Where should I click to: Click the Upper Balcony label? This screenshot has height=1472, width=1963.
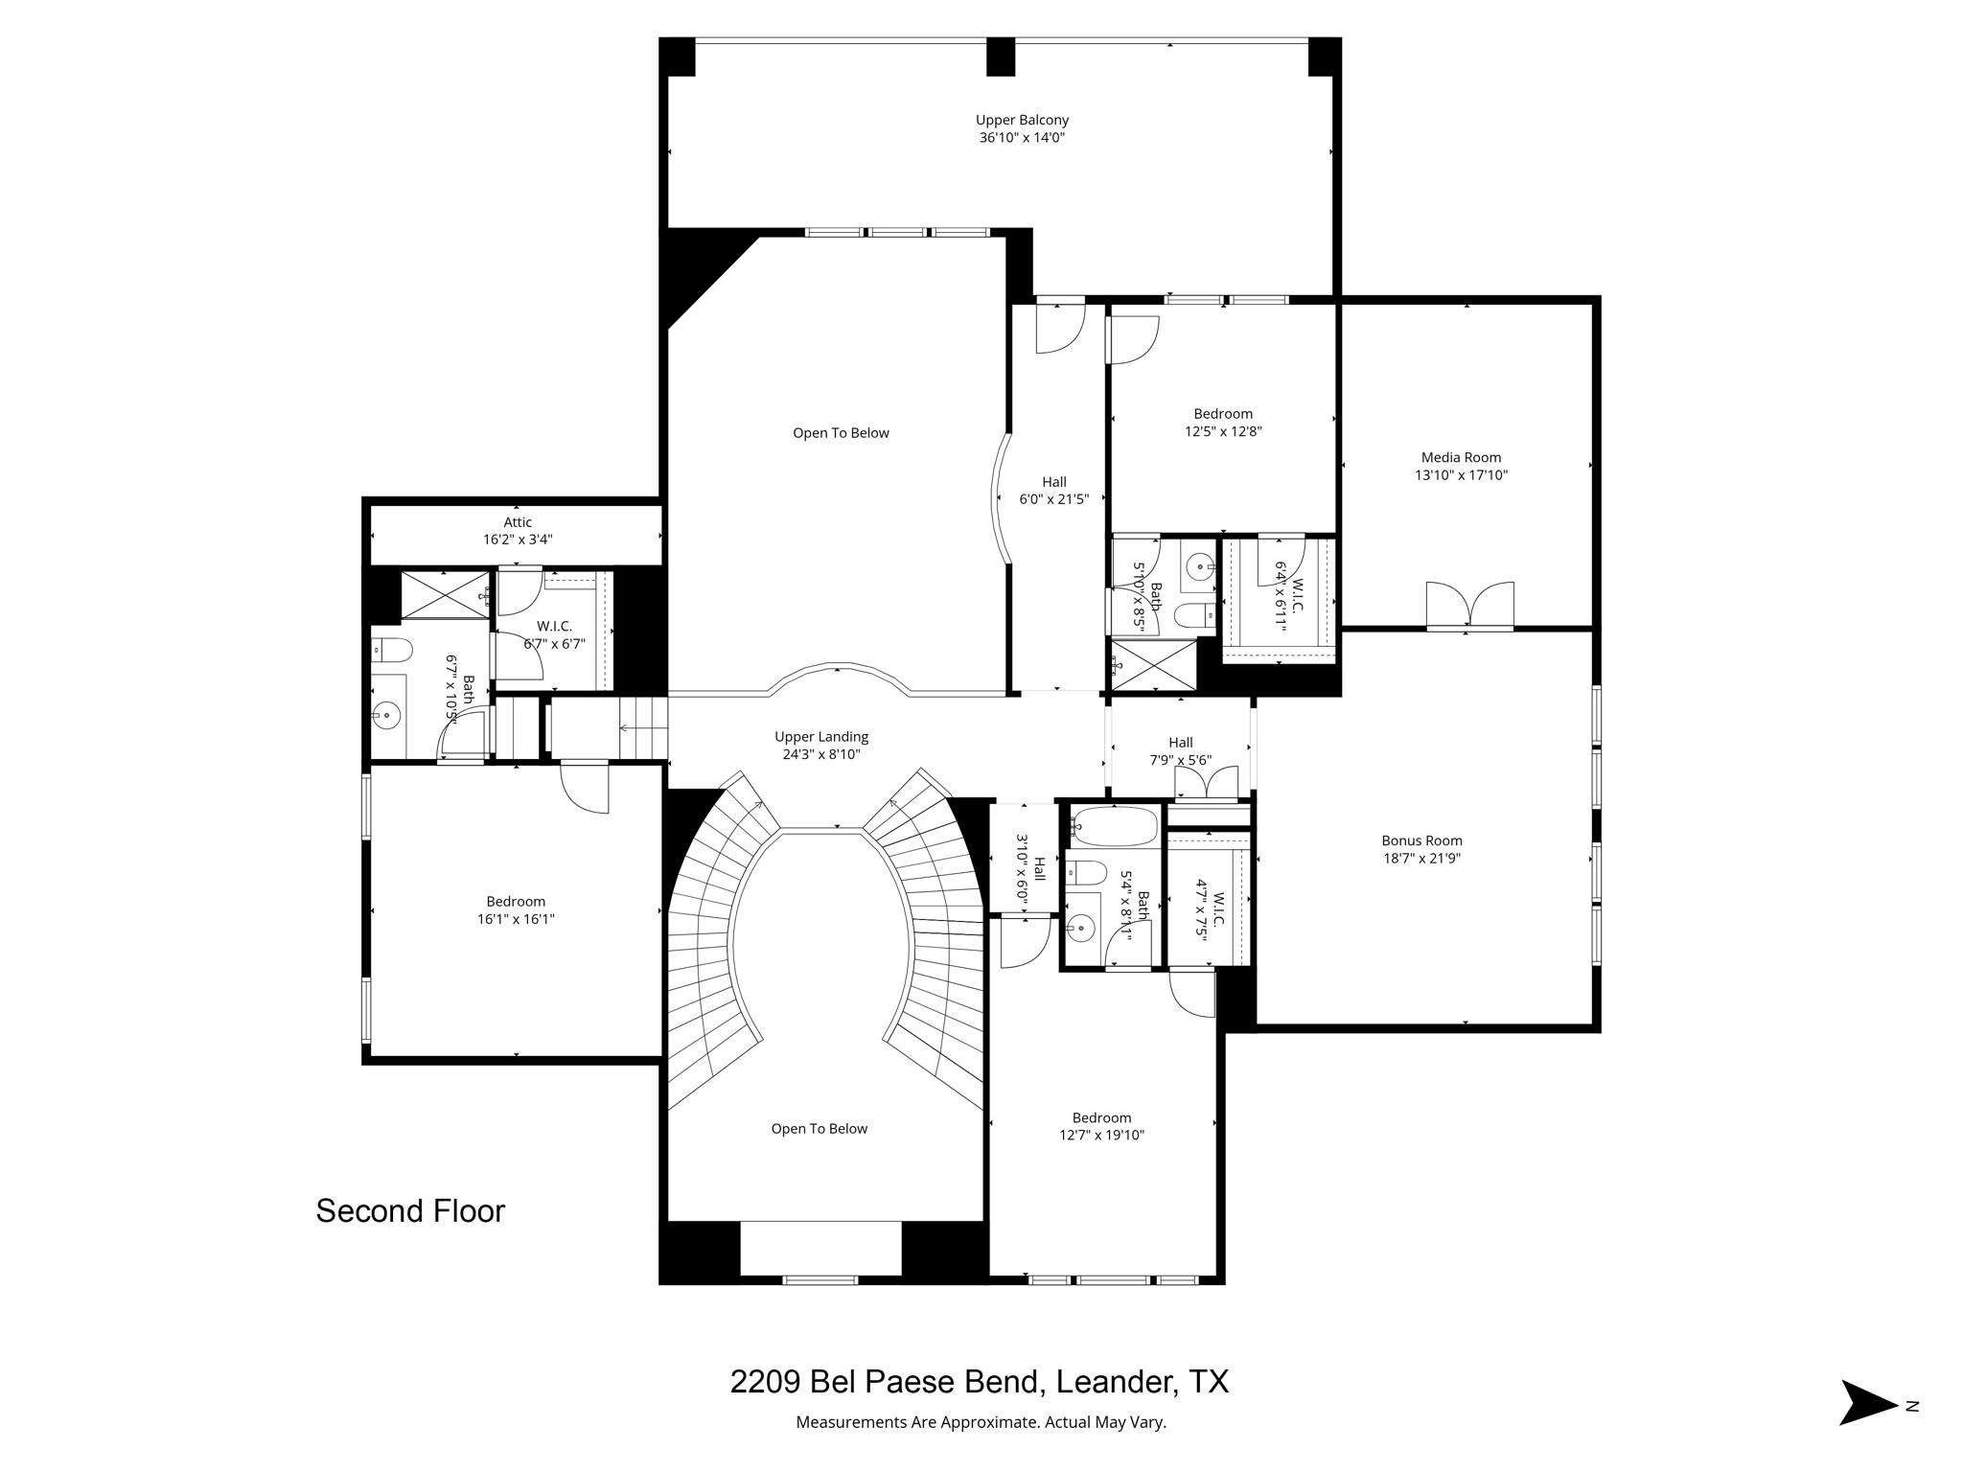click(x=1022, y=120)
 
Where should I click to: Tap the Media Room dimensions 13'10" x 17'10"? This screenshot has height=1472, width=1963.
click(x=1462, y=474)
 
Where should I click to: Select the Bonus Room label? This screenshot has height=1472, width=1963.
click(x=1421, y=840)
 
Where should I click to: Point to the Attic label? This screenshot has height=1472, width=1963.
click(x=518, y=522)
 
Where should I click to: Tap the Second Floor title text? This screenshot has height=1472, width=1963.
click(x=410, y=1211)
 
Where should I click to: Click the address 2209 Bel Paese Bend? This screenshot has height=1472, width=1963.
click(x=884, y=1382)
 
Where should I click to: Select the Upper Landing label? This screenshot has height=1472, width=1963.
click(x=821, y=737)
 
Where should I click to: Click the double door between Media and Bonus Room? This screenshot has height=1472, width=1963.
click(x=1469, y=606)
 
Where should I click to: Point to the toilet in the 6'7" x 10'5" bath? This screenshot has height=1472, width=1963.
click(x=392, y=651)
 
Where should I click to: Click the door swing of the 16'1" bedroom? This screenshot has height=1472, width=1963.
click(x=585, y=788)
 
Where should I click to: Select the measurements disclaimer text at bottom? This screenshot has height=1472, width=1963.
click(x=981, y=1422)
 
